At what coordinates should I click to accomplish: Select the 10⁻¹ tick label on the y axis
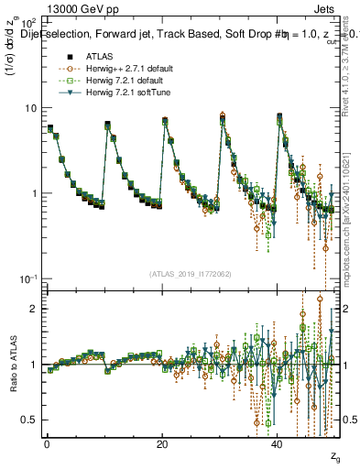(x=27, y=278)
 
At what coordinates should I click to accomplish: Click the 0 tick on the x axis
(x=47, y=444)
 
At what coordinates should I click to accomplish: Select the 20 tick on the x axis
(x=162, y=444)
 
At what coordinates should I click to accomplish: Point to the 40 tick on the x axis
(x=278, y=444)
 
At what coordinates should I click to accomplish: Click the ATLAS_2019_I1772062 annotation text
(x=191, y=274)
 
